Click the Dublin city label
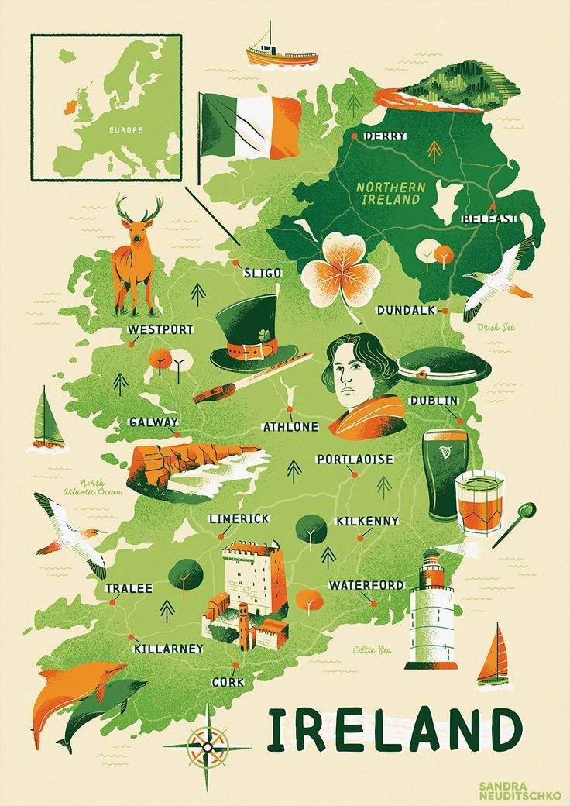(434, 401)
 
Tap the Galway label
(153, 422)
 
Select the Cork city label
(228, 682)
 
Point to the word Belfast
(489, 219)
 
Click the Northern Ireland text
(391, 193)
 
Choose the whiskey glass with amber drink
(479, 503)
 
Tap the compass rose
(207, 748)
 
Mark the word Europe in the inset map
(125, 130)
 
